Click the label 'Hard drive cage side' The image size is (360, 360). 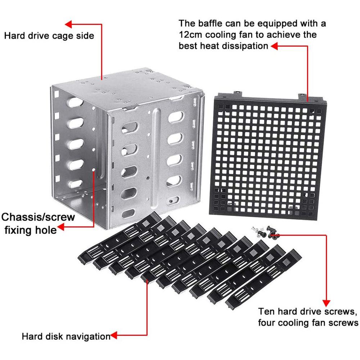[x=49, y=36]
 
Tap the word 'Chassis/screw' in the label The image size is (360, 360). [x=38, y=217]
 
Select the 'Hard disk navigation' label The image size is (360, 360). [x=66, y=337]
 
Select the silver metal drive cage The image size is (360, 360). [x=126, y=148]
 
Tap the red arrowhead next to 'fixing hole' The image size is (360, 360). [x=62, y=227]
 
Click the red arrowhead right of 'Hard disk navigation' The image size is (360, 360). [x=114, y=337]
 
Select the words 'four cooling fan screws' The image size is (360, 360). [x=308, y=322]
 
